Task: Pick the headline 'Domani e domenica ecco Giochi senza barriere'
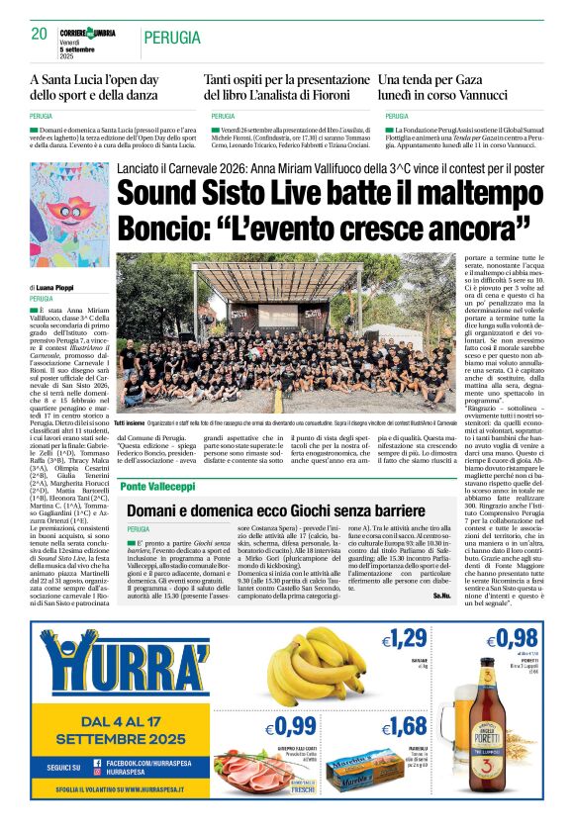point(282,510)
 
